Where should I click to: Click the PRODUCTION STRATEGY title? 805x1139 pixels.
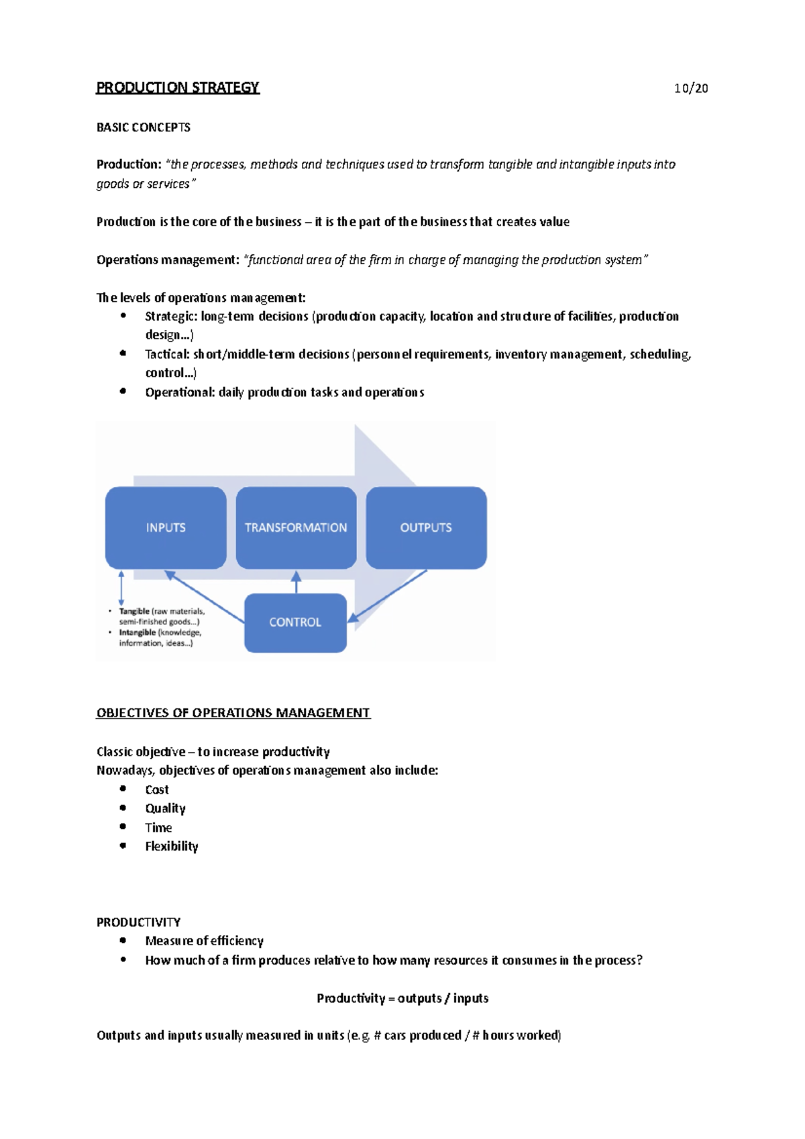coord(177,88)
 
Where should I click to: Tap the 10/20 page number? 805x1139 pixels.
coord(691,89)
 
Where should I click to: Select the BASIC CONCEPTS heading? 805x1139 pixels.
coord(143,127)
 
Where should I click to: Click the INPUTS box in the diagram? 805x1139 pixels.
coord(166,528)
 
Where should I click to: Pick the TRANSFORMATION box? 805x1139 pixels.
coord(296,528)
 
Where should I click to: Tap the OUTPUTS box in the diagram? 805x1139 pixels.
coord(426,528)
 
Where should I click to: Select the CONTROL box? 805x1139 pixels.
coord(295,622)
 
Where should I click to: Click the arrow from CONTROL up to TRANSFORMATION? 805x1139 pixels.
coord(297,582)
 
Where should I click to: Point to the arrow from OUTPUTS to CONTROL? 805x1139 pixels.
coord(388,596)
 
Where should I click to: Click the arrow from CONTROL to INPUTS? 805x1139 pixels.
coord(205,596)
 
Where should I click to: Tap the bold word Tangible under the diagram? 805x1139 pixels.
coord(134,611)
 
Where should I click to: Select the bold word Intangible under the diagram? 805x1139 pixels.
coord(138,633)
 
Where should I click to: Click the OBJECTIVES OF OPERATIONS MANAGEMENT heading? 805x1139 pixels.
coord(233,713)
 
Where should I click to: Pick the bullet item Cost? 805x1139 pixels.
coord(157,790)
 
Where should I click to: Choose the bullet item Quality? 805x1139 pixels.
coord(165,809)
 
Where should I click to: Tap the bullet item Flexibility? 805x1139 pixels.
coord(172,847)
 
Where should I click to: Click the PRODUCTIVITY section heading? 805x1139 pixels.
coord(138,922)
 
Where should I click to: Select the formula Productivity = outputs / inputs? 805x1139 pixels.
coord(402,998)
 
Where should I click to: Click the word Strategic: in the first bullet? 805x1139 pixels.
coord(171,317)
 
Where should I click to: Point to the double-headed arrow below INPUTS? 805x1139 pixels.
coord(121,588)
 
